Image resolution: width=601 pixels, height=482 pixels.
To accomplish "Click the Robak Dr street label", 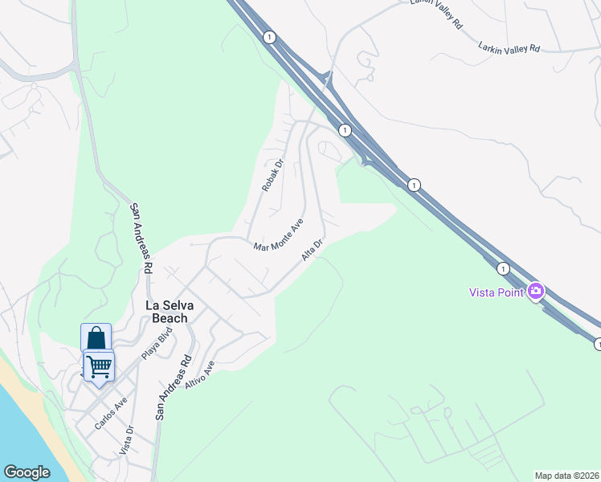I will [273, 176].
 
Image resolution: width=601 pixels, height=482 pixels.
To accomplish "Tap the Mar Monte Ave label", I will [278, 235].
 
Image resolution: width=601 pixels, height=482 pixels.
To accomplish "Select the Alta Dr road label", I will [313, 249].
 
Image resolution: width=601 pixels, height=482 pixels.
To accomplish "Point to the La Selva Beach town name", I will [166, 312].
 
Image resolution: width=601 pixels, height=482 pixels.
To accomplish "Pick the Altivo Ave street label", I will [200, 375].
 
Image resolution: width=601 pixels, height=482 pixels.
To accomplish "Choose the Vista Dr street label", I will [125, 440].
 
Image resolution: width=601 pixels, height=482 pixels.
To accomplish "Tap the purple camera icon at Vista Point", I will [536, 291].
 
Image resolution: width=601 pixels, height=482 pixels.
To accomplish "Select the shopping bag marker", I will [96, 337].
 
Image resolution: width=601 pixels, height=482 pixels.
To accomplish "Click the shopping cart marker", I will [99, 366].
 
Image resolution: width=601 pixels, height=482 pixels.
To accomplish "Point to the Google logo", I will [27, 472].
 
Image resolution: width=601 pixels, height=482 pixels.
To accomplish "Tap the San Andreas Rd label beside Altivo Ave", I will [174, 387].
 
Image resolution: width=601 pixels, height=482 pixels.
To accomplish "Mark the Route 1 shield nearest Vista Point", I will [503, 268].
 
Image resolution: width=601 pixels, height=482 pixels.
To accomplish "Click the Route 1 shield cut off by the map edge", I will [597, 344].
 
